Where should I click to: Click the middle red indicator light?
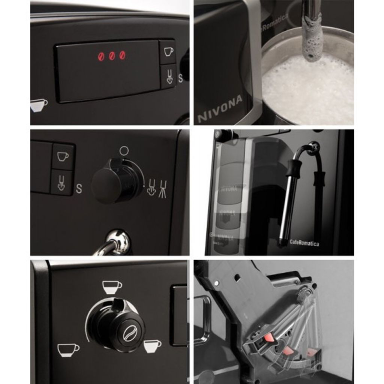point(112,56)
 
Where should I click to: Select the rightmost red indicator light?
point(122,55)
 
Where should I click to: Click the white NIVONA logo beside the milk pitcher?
point(220,109)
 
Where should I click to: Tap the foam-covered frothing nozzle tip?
point(312,45)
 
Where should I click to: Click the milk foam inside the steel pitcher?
point(307,90)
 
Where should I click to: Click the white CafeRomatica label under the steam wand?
point(304,243)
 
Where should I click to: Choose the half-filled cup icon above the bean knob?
point(112,287)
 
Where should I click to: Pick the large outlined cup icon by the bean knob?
point(68,349)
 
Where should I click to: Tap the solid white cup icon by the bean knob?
point(152,346)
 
